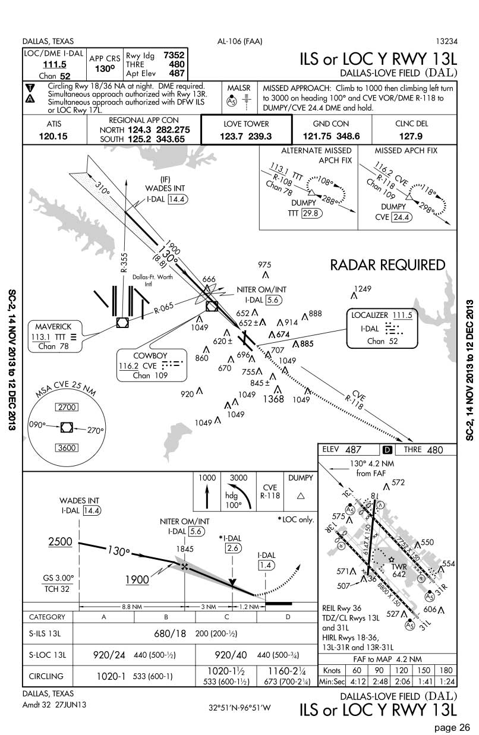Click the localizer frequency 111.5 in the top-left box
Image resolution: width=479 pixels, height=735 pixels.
click(x=54, y=65)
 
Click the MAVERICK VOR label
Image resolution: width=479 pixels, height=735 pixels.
click(x=53, y=327)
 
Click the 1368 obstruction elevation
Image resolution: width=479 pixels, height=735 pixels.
click(x=273, y=399)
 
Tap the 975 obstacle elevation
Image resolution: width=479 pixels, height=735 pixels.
click(x=264, y=265)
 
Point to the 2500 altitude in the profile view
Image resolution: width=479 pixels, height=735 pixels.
click(x=60, y=541)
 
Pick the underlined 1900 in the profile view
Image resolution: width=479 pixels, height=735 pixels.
click(x=137, y=579)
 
